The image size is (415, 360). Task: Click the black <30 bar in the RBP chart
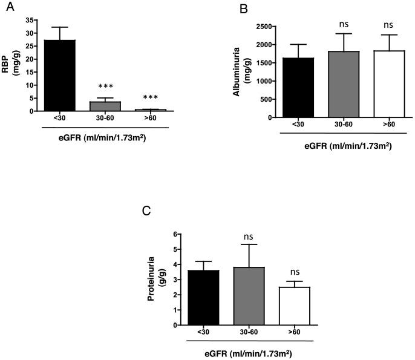coord(59,76)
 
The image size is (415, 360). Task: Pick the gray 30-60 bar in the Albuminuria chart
coord(344,84)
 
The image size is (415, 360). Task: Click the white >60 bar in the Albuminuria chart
coord(390,84)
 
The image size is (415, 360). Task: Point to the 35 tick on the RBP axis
coord(30,20)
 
